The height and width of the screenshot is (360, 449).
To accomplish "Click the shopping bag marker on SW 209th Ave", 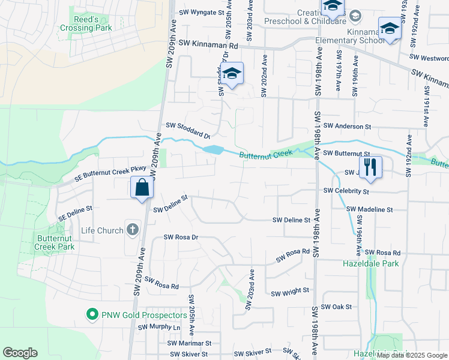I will point(142,188).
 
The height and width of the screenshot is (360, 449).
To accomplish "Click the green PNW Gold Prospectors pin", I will point(92,314).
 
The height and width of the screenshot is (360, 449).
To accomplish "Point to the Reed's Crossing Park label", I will point(86,23).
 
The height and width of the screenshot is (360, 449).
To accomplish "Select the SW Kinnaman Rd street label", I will point(208,45).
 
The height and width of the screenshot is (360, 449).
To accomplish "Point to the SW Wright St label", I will point(289,292).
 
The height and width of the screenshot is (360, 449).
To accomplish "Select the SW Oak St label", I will point(336,307).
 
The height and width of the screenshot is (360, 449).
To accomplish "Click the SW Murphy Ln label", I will point(159,328).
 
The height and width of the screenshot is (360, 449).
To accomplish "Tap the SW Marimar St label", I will point(190,343).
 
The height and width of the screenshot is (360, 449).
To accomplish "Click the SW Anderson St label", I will point(348,127).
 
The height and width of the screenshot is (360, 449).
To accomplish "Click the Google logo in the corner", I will point(20,353).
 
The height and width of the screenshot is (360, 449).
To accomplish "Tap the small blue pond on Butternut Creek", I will point(213,149).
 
